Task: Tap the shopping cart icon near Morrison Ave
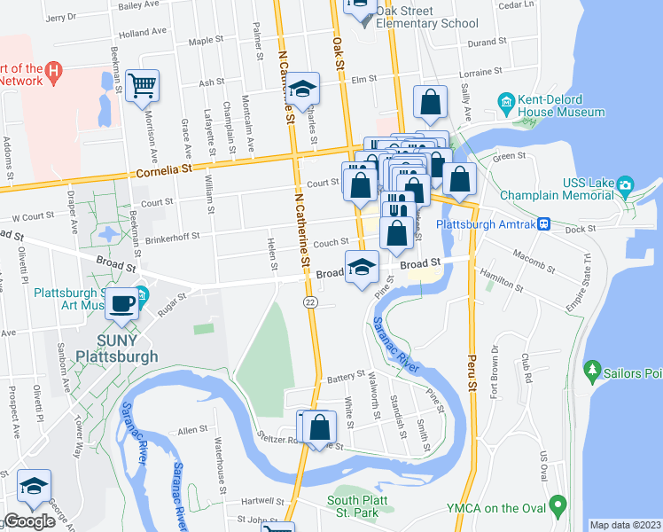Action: pos(142,86)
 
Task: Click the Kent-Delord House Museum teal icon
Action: pos(506,102)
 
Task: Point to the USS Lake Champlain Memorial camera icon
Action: pos(626,187)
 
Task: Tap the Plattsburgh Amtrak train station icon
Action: pos(545,225)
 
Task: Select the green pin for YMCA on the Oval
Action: pos(558,507)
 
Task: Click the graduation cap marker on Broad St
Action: pos(361,267)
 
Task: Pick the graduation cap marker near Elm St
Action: pos(302,88)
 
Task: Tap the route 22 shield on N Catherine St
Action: pos(309,302)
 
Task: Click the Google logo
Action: pos(28,521)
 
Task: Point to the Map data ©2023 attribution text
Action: pos(625,525)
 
